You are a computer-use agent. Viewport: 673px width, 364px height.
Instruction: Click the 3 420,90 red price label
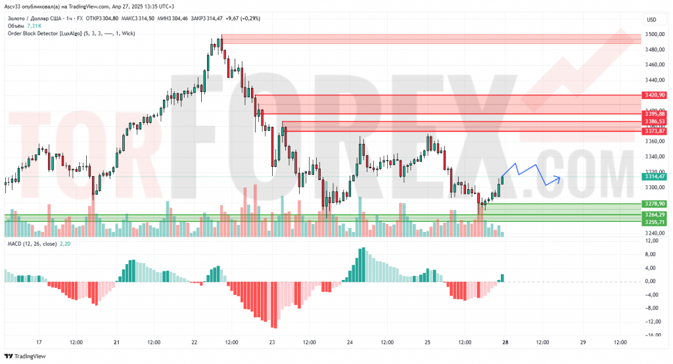coord(655,95)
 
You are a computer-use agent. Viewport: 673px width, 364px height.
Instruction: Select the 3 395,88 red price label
coord(655,114)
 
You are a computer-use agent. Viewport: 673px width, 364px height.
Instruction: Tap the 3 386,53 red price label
coord(655,122)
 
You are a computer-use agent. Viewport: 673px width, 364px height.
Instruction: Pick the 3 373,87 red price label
coord(655,131)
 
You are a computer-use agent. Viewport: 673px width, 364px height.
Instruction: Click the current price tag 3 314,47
coord(655,177)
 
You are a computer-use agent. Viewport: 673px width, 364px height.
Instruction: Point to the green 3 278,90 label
coord(655,204)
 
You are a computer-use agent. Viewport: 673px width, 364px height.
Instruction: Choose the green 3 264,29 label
coord(655,215)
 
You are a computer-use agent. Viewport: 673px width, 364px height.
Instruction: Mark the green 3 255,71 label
coord(655,222)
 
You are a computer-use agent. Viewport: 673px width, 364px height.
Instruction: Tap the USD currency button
coord(652,20)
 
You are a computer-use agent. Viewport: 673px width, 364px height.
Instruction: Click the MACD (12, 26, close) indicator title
coord(32,244)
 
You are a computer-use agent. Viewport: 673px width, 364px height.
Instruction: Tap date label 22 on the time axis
coord(194,342)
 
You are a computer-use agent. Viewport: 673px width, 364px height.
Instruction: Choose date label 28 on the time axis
coord(505,342)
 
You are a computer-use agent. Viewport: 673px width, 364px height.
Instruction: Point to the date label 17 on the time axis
coord(39,342)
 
